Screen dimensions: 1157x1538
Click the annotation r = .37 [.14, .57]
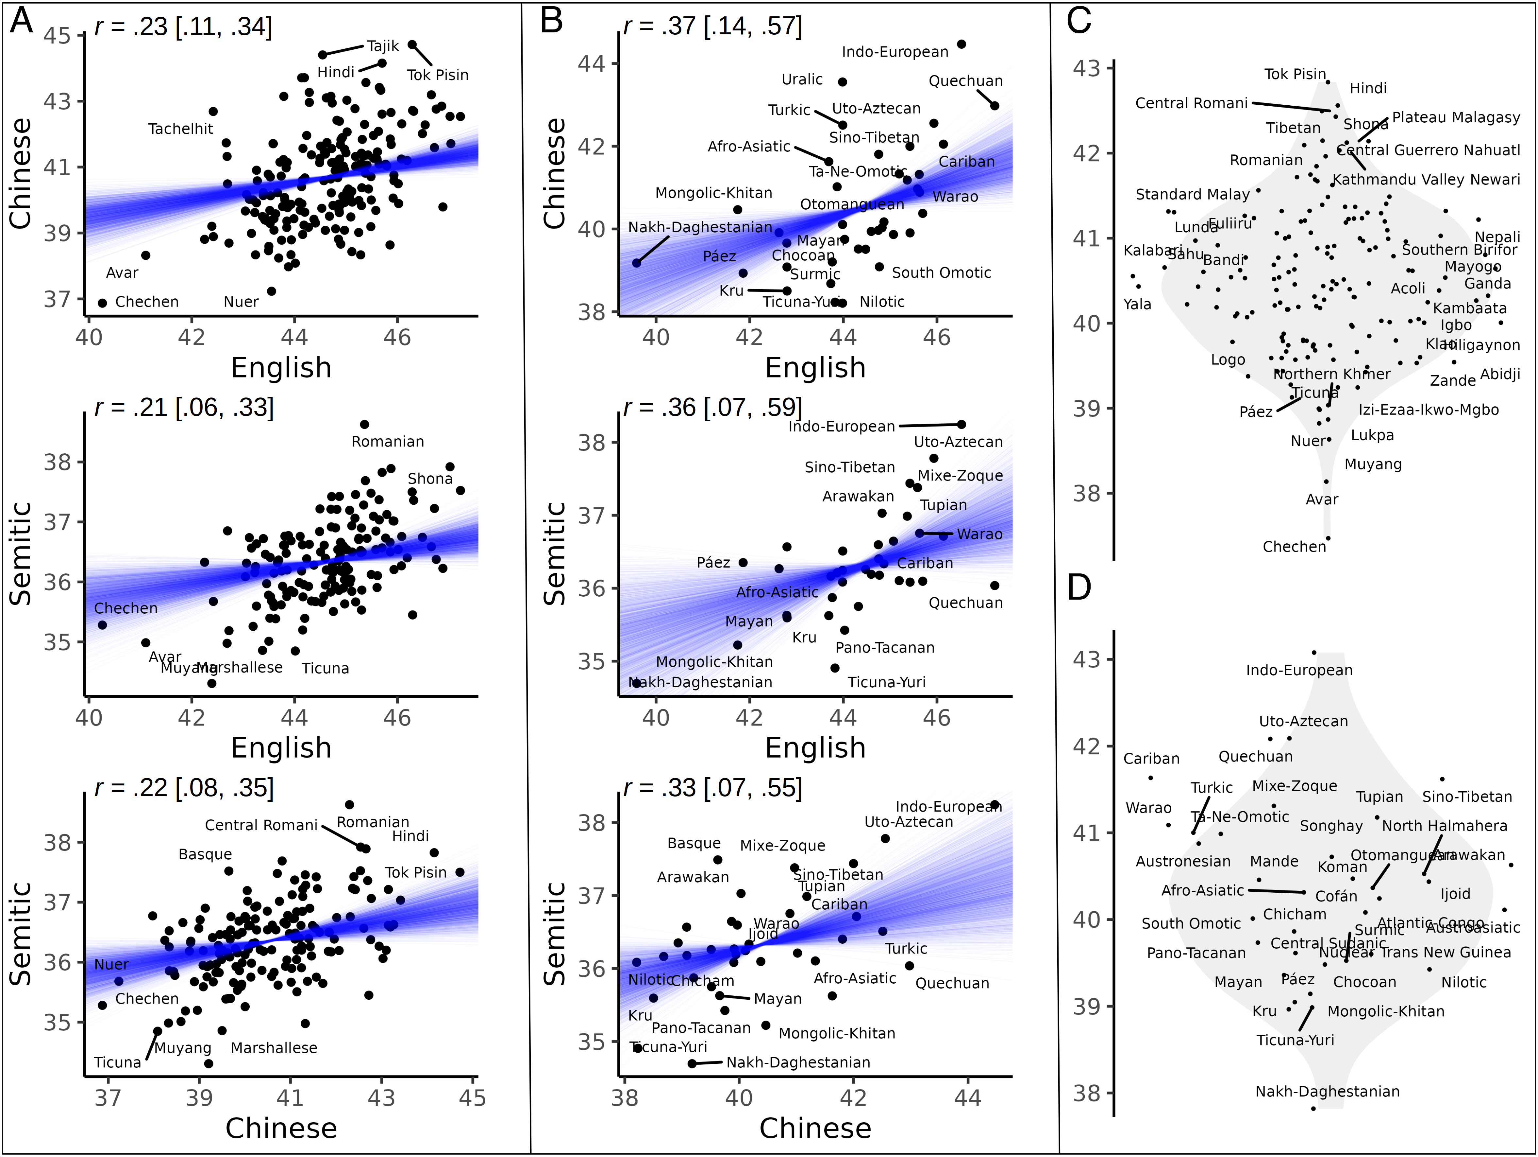pos(713,26)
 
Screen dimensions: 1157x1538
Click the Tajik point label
pos(383,46)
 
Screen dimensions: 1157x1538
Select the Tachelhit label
pos(181,129)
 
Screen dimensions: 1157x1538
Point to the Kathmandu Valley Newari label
pos(1425,180)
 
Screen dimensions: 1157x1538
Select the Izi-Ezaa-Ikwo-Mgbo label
pos(1429,410)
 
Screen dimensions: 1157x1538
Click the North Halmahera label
pos(1444,826)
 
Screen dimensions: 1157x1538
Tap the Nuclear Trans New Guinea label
pos(1415,953)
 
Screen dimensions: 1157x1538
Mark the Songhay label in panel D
pos(1331,826)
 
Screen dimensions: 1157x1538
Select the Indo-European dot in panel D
pos(1313,653)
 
